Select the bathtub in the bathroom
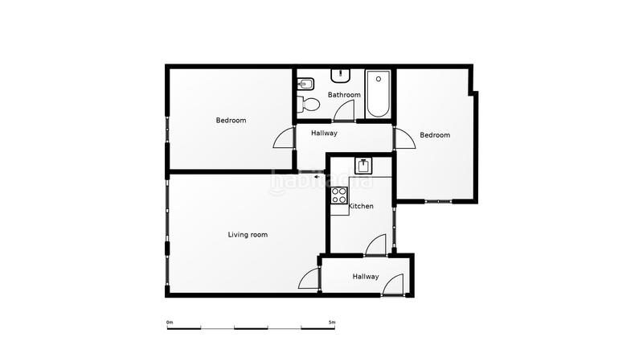click(378, 96)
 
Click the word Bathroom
click(344, 95)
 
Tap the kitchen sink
click(364, 165)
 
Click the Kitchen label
click(361, 207)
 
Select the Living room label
click(248, 235)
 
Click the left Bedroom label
click(231, 121)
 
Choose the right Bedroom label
click(435, 135)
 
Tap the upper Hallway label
click(324, 134)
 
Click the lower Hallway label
click(365, 277)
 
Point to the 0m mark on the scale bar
click(170, 322)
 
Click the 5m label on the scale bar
click(332, 322)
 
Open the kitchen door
click(376, 245)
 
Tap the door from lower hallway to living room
click(309, 279)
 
